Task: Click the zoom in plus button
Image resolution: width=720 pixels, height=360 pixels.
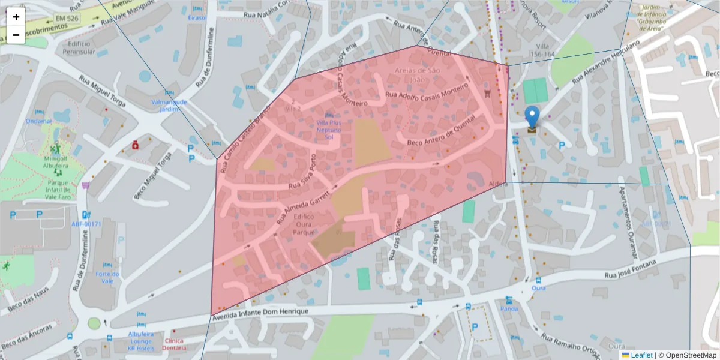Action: [x=16, y=17]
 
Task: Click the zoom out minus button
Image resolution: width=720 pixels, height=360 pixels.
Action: [x=16, y=35]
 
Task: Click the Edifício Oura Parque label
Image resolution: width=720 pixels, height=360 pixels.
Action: [x=305, y=224]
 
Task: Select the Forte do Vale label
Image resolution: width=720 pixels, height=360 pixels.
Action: [x=108, y=277]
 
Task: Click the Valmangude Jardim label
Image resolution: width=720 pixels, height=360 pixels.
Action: [x=169, y=106]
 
